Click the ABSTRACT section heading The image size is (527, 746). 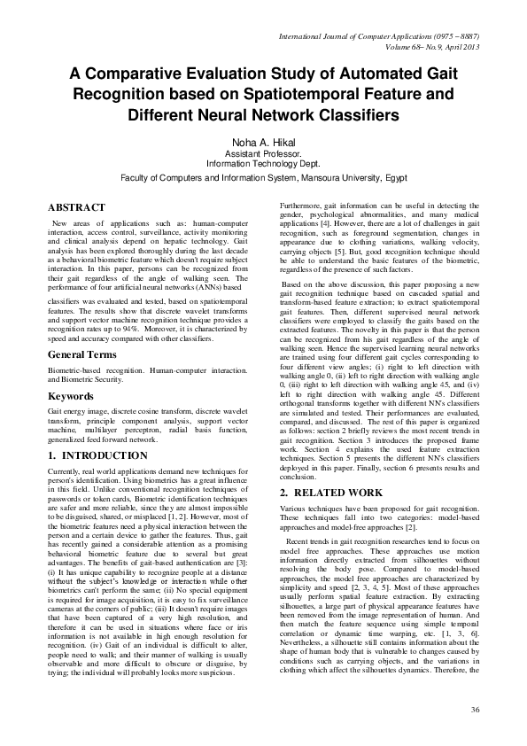pos(78,206)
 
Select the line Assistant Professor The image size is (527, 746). pos(263,155)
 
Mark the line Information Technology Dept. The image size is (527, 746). pos(263,165)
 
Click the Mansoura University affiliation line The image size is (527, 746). pos(263,176)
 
